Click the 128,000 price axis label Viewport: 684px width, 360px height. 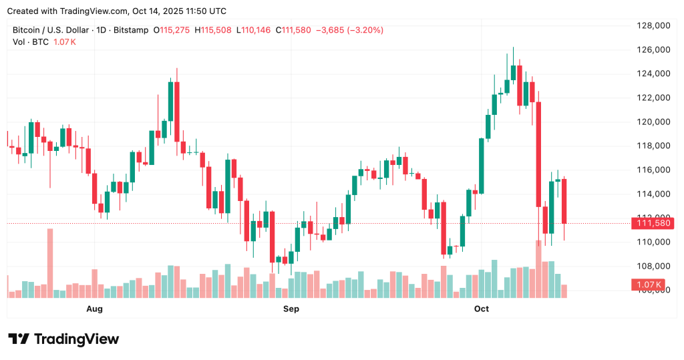coord(653,25)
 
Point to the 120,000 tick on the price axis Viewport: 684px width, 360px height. coord(653,122)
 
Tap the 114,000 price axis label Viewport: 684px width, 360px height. coord(653,194)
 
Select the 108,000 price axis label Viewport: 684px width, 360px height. coord(653,266)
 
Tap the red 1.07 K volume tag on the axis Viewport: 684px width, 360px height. coord(648,285)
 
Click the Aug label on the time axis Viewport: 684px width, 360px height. coord(95,309)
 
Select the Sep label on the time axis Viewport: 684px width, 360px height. coord(291,309)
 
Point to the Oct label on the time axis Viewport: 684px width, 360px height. coord(481,309)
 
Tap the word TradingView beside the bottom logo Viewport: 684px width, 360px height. coord(76,339)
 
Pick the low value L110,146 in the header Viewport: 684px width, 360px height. coord(255,30)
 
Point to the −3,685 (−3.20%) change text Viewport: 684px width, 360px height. coord(350,30)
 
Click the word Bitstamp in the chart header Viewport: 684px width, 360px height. coord(130,30)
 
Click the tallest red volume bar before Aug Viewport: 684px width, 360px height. coord(49,262)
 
